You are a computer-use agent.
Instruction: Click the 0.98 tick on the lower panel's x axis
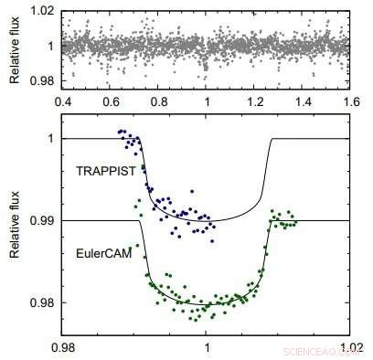coord(64,347)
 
